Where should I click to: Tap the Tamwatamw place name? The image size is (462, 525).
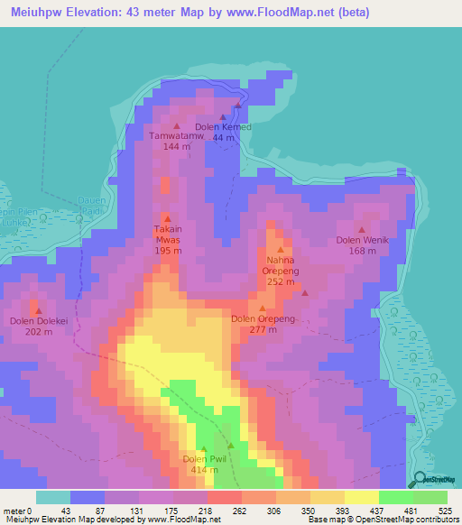tap(176, 136)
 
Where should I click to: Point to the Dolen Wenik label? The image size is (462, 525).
tap(361, 240)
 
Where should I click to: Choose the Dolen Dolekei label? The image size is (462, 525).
tap(37, 320)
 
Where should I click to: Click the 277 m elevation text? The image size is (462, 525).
tap(263, 329)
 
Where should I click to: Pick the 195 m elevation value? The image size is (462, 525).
tap(167, 252)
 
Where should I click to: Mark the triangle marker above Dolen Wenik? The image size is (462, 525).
tap(361, 229)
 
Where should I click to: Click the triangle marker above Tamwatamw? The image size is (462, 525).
tap(176, 125)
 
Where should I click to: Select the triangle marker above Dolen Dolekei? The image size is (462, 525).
tap(37, 309)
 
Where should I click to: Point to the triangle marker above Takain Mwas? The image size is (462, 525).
tap(167, 217)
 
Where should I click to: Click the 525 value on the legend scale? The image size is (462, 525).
tap(446, 510)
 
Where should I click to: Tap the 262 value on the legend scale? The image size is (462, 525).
tap(224, 510)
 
